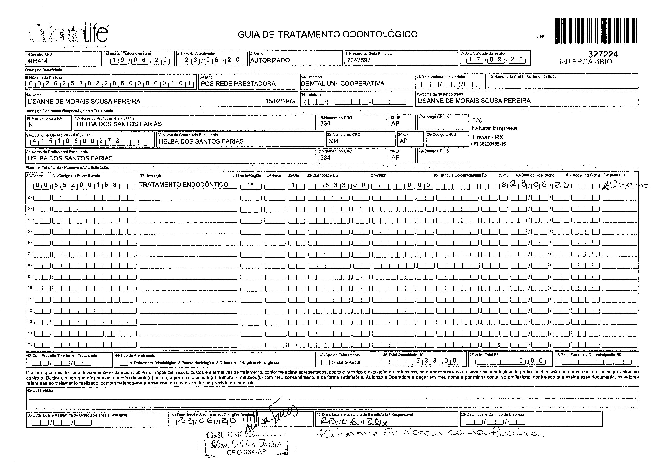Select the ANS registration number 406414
pyautogui.click(x=37, y=61)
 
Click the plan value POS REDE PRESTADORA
pyautogui.click(x=238, y=84)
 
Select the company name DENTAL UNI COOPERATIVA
pyautogui.click(x=342, y=84)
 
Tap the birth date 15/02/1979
pyautogui.click(x=280, y=101)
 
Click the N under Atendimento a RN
pyautogui.click(x=30, y=125)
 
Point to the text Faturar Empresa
pyautogui.click(x=494, y=128)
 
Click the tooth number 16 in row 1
pyautogui.click(x=250, y=185)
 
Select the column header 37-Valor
pyautogui.click(x=378, y=176)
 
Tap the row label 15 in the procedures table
pyautogui.click(x=30, y=344)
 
